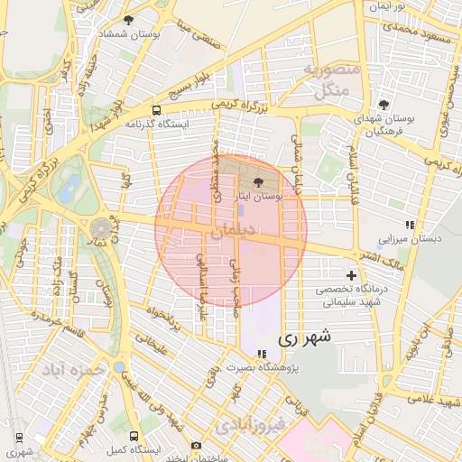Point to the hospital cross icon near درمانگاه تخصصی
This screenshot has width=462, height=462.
click(351, 274)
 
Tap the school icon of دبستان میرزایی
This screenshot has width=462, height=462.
click(409, 225)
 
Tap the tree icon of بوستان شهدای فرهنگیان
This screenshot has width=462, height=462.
click(383, 105)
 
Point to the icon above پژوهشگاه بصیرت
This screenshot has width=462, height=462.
click(262, 354)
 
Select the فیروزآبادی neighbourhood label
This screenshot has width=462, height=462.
click(248, 421)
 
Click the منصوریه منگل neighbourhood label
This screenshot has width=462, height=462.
click(333, 81)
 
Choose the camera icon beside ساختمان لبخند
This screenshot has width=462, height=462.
click(196, 445)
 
